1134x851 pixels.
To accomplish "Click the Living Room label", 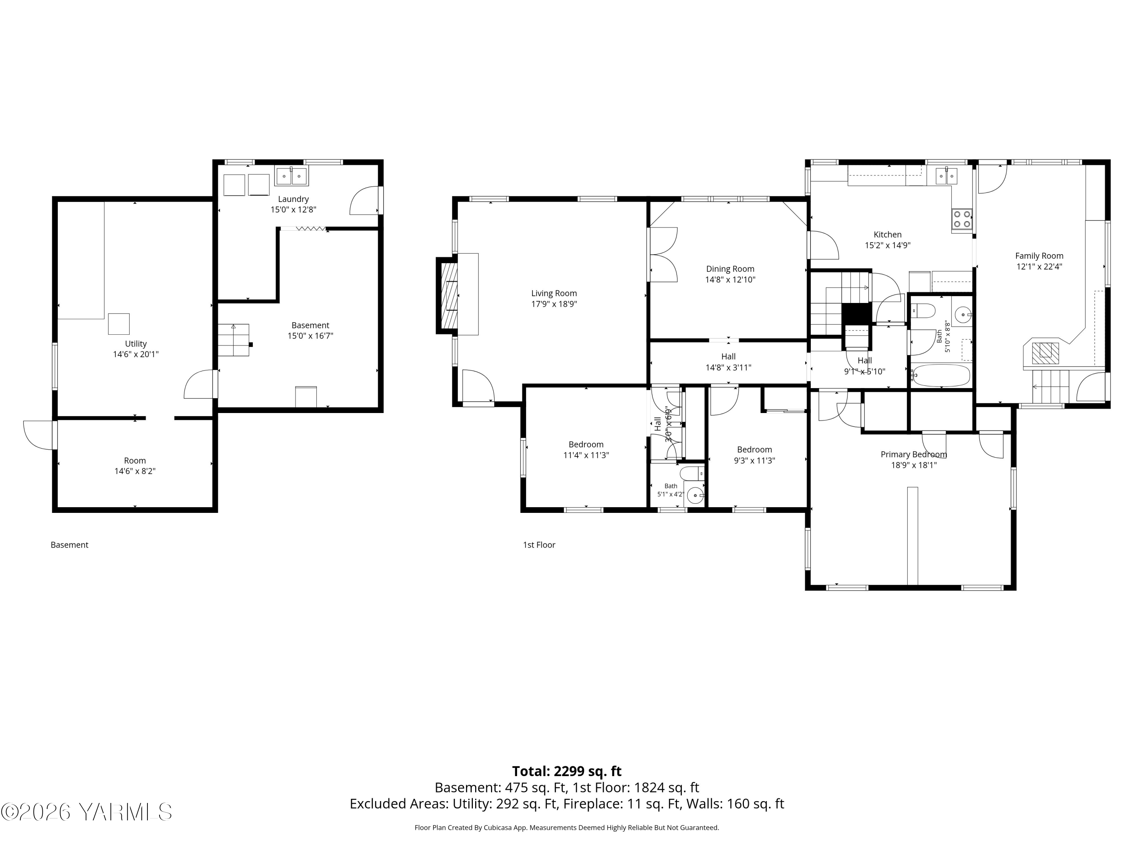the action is (x=554, y=294).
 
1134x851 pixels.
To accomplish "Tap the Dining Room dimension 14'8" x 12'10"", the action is (x=730, y=280).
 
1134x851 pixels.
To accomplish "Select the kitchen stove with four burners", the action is (x=962, y=219).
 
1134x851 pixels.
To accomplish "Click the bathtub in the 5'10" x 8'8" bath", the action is (x=942, y=376).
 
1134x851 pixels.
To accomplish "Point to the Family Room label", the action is (x=1039, y=256).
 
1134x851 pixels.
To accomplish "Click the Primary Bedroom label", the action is (x=914, y=455).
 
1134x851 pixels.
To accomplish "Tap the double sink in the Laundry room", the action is (x=291, y=176).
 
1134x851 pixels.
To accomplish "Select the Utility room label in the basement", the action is (x=136, y=344).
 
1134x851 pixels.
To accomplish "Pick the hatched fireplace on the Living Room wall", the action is (x=446, y=295).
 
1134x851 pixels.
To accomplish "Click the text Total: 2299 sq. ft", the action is (x=567, y=772).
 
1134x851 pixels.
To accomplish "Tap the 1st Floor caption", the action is (x=539, y=545).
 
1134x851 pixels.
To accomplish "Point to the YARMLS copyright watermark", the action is (x=87, y=812).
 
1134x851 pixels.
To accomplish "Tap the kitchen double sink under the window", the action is (x=947, y=175).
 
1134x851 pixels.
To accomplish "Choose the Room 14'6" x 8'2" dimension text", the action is (x=135, y=471).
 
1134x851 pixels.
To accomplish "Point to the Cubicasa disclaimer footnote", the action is (x=567, y=828).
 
